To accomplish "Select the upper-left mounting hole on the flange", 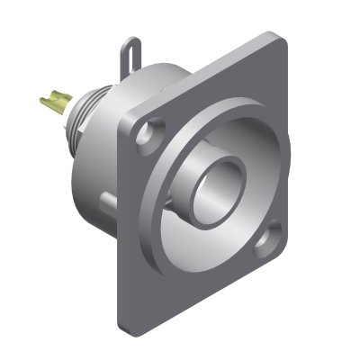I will (x=141, y=137).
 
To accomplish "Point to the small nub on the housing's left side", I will (x=105, y=194).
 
